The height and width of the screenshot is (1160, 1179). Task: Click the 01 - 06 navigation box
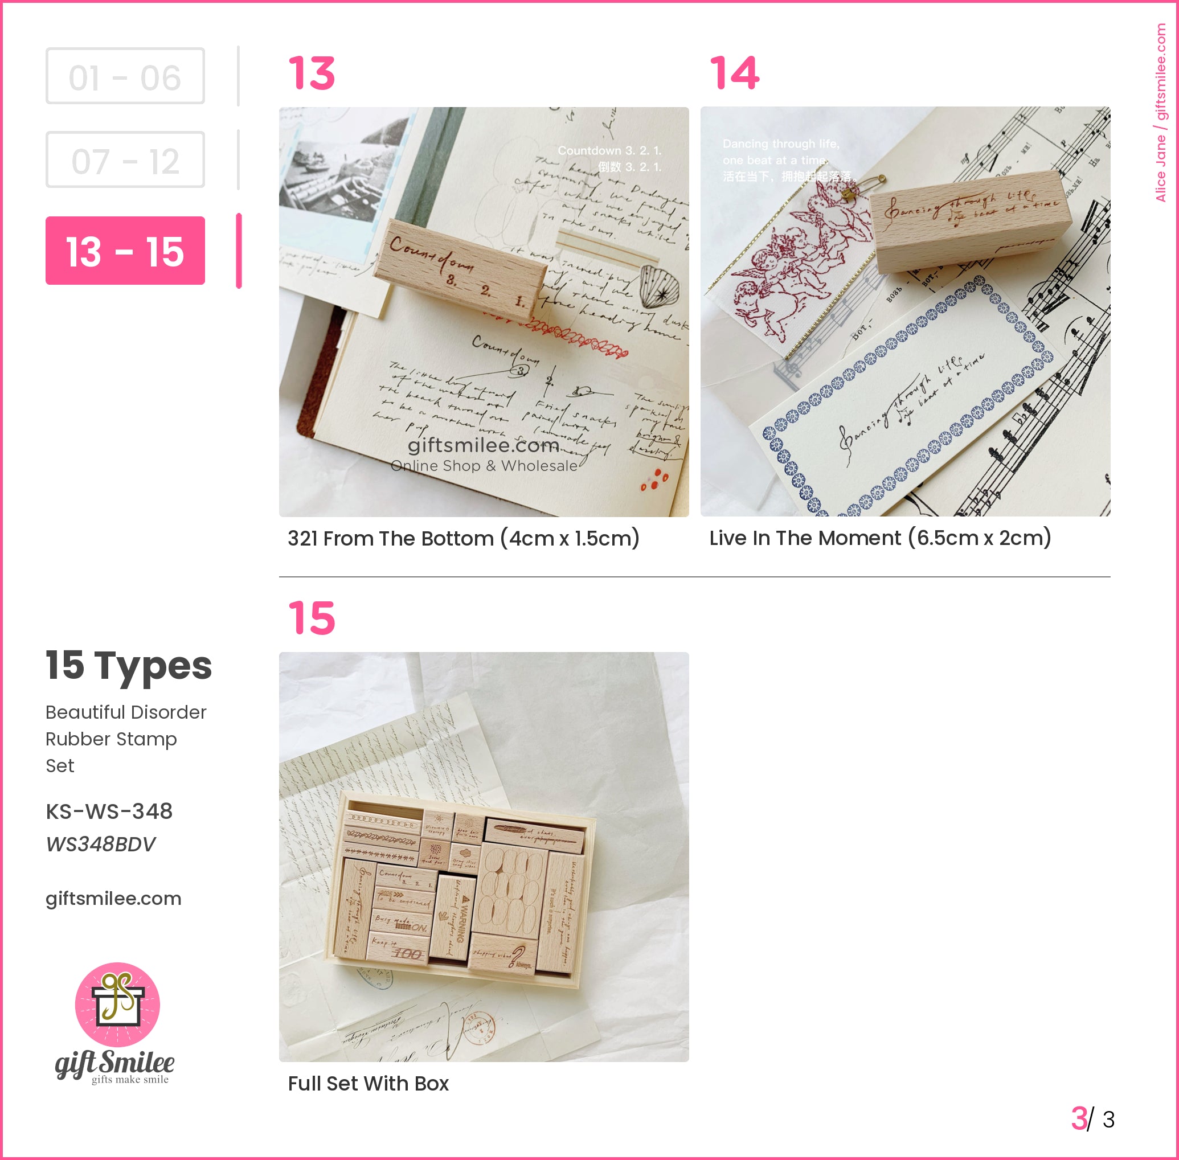[125, 76]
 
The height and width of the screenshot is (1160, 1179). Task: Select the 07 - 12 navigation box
[125, 159]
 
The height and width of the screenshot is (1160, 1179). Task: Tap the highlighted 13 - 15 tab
[125, 251]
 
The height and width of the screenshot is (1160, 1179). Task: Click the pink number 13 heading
[312, 73]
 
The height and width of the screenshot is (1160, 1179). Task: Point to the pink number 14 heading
[734, 73]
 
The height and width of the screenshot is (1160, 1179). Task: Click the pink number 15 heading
[312, 618]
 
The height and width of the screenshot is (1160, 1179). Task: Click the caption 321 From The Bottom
[463, 539]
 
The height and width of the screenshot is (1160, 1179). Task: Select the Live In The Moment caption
[880, 538]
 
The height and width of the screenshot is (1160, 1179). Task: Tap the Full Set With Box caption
[368, 1083]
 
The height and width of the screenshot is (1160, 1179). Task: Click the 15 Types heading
[129, 665]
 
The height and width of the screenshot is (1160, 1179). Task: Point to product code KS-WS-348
[109, 811]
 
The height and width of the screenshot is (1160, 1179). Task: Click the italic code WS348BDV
[101, 845]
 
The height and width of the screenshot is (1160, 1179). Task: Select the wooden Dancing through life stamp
[969, 219]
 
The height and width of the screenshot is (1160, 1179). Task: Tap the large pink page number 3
[1078, 1118]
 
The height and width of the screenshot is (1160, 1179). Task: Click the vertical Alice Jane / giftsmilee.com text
[1160, 113]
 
